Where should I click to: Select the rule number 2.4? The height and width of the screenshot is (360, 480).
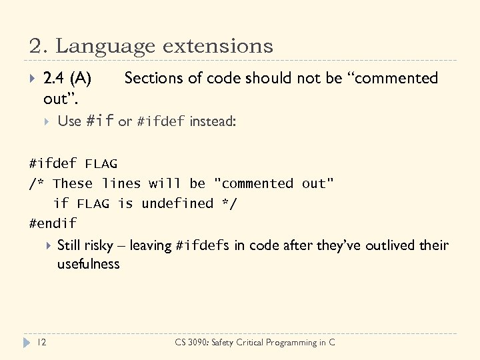pos(54,79)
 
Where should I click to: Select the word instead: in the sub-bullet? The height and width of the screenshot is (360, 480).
pos(213,121)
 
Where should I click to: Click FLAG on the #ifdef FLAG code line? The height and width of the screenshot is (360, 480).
pos(101,163)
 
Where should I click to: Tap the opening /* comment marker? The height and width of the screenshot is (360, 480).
pos(37,183)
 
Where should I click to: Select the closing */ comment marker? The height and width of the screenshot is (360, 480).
pos(229,203)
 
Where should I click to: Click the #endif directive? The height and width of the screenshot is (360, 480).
pos(53,223)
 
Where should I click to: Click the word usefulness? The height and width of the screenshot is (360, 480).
pos(88,264)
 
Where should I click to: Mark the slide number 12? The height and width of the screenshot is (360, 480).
pos(42,342)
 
